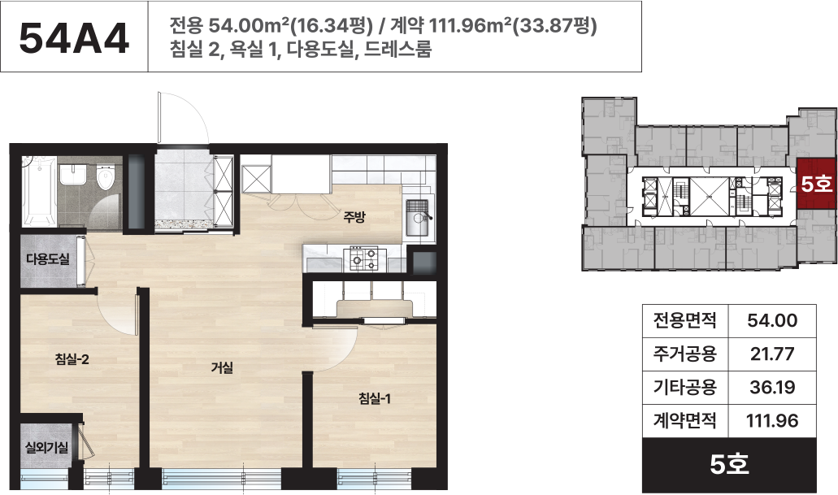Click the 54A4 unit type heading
pyautogui.click(x=74, y=38)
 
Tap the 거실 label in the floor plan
pyautogui.click(x=222, y=367)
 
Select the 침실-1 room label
pyautogui.click(x=375, y=399)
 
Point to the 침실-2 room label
pyautogui.click(x=72, y=359)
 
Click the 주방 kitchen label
pyautogui.click(x=354, y=217)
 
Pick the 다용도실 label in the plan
pyautogui.click(x=48, y=259)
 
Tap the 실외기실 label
pyautogui.click(x=47, y=447)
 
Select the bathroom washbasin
pyautogui.click(x=72, y=175)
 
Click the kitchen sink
pyautogui.click(x=418, y=218)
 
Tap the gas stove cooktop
pyautogui.click(x=364, y=259)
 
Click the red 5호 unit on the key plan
pyautogui.click(x=815, y=184)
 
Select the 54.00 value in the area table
pyautogui.click(x=772, y=321)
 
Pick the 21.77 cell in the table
pyautogui.click(x=772, y=354)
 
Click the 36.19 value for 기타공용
pyautogui.click(x=772, y=387)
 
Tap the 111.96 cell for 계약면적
pyautogui.click(x=772, y=421)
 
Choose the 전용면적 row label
pyautogui.click(x=684, y=321)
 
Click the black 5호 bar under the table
pyautogui.click(x=729, y=465)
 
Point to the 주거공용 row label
pyautogui.click(x=684, y=354)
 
